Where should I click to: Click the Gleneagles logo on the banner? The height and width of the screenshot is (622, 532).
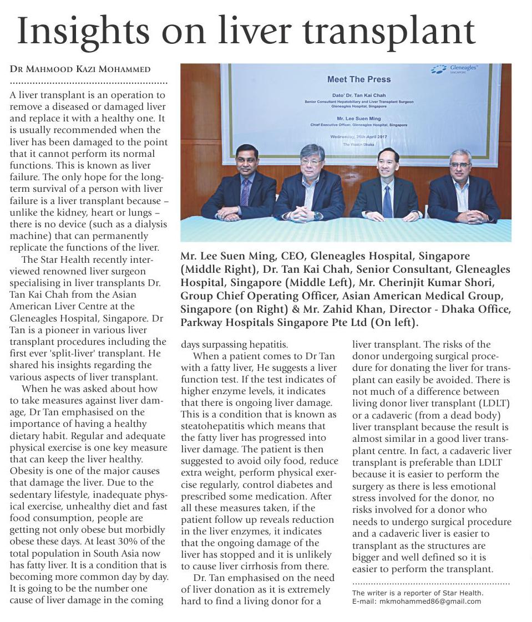click(x=456, y=69)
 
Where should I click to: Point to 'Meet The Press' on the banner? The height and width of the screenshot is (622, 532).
click(x=358, y=79)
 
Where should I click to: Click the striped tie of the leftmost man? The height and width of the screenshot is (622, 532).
click(x=245, y=192)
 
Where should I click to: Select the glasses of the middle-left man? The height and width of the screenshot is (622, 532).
click(x=312, y=162)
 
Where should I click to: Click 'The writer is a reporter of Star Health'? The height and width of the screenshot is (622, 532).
click(x=418, y=593)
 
